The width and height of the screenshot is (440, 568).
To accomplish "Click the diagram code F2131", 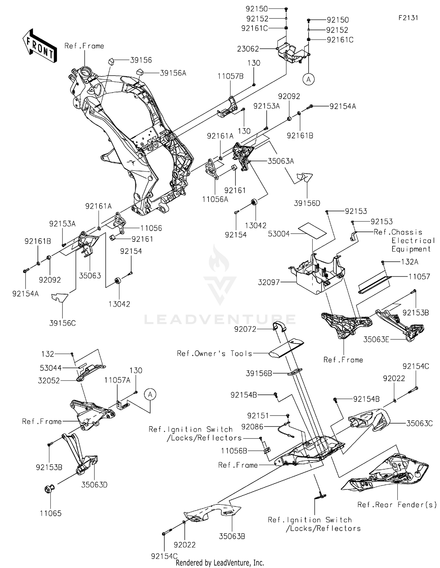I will pos(408,18).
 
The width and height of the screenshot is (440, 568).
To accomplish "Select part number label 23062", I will pos(248,49).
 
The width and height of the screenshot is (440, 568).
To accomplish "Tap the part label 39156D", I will pos(307,203).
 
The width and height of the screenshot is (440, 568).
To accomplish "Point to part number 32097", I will pos(269,282).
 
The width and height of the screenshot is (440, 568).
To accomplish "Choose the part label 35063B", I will pos(232,536).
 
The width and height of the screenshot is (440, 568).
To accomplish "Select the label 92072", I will pos(245,329).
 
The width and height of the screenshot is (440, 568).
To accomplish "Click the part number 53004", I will pos(279,234).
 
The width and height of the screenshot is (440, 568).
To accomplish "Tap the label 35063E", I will pos(376,339).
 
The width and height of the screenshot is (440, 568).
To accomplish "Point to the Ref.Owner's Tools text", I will pos(214,353).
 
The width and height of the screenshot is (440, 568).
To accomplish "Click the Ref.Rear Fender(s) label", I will pos(397,504).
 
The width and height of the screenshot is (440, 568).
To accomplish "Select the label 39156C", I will pos(62,323).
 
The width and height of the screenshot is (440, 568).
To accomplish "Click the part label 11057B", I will pos(230,76).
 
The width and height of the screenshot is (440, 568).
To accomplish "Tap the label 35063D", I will pos(94,485).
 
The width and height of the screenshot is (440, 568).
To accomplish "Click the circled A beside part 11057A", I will pos(150,394).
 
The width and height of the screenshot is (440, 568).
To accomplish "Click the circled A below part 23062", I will pos(308,79).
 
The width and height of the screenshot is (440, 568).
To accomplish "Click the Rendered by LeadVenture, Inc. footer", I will pos(220,563).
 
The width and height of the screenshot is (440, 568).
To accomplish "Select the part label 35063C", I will pos(419,423).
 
